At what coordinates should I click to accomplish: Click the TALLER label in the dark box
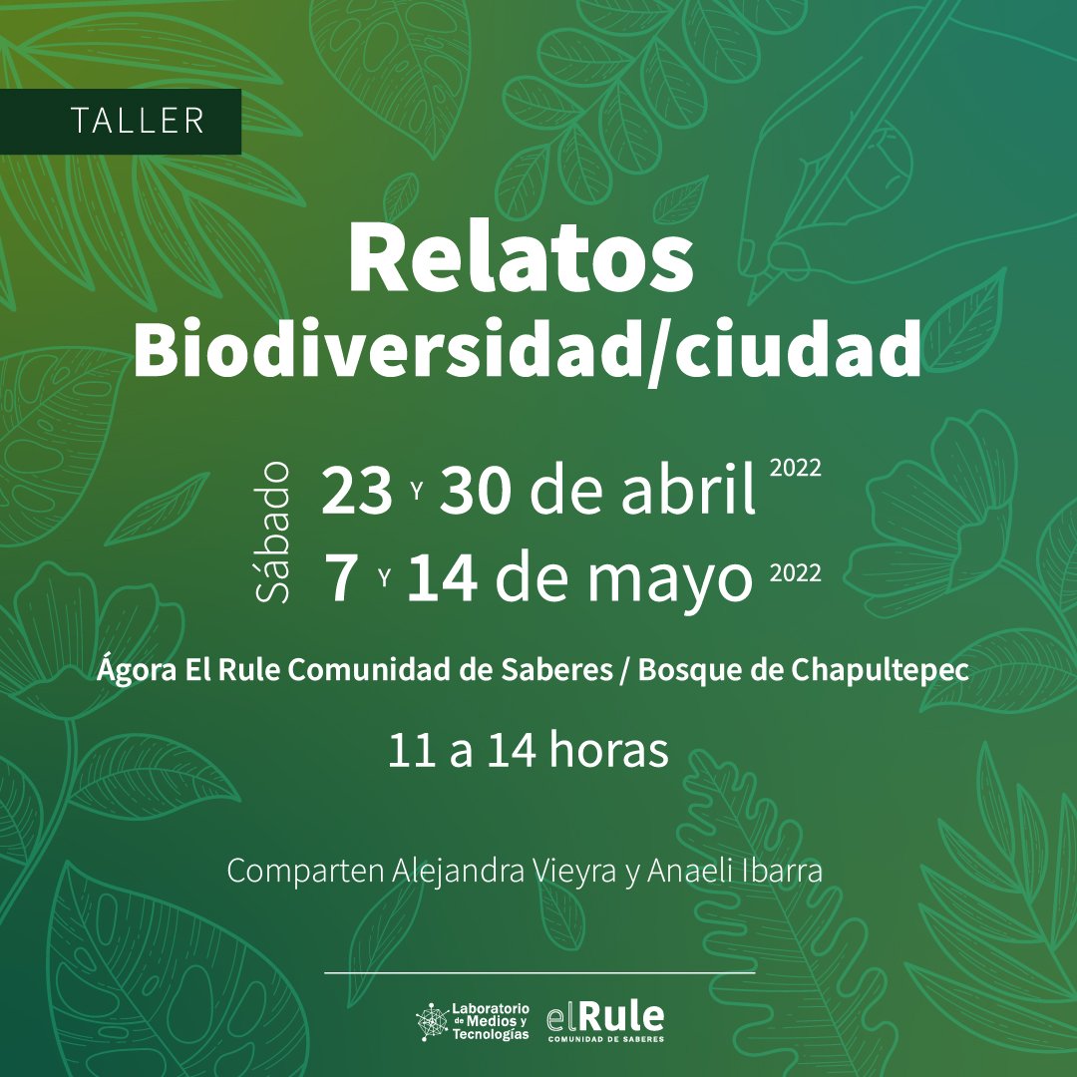(138, 121)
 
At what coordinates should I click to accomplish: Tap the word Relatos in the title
(520, 259)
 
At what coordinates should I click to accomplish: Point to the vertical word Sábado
(274, 532)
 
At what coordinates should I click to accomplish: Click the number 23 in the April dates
(356, 493)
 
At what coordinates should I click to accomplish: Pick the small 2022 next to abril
(796, 470)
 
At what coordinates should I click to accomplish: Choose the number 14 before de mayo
(442, 580)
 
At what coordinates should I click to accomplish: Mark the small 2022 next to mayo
(796, 573)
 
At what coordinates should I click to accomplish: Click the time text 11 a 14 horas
(529, 752)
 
